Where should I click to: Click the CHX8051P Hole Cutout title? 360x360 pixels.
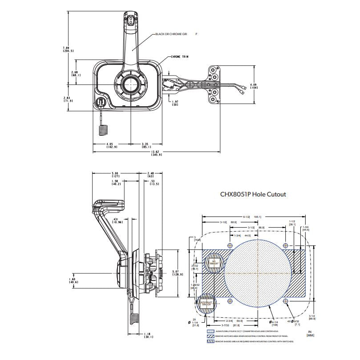[253, 194]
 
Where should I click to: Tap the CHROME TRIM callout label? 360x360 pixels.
[182, 57]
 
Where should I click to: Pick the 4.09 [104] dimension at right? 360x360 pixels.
[254, 86]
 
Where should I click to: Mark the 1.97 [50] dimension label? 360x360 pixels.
[175, 103]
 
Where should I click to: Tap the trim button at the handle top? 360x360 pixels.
[130, 20]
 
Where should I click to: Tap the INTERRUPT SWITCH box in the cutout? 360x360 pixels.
[207, 304]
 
